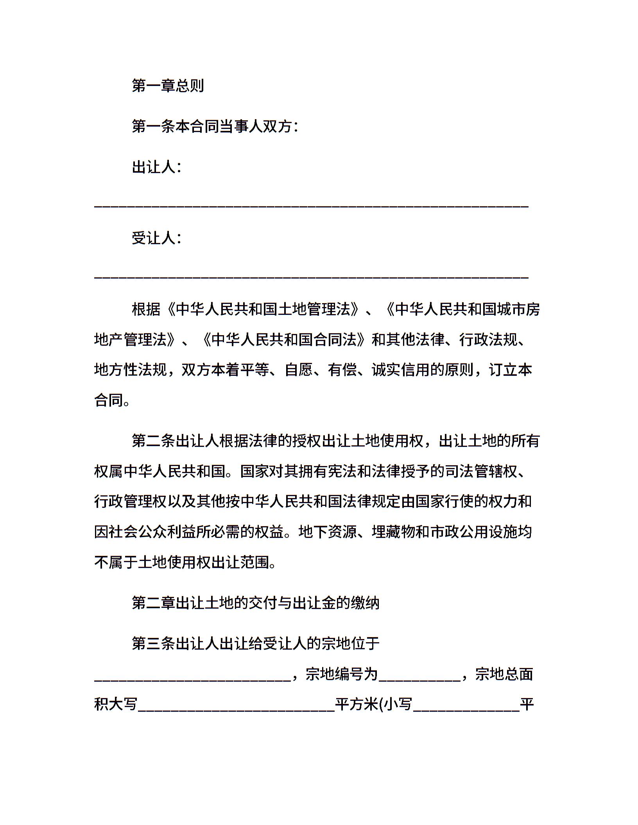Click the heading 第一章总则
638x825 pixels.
168,86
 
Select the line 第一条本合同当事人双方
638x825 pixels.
215,126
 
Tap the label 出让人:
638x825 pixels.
156,167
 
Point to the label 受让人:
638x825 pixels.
156,238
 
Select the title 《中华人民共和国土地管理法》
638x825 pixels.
262,309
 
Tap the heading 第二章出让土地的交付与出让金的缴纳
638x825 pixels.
256,603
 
